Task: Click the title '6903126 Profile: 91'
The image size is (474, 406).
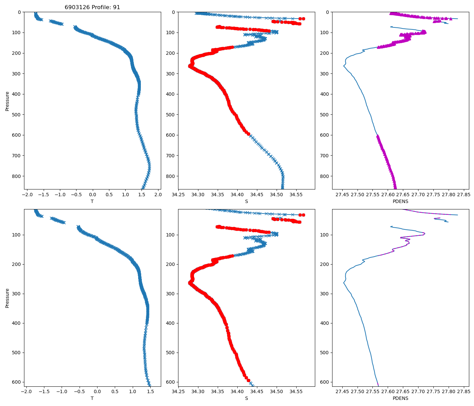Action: (92, 7)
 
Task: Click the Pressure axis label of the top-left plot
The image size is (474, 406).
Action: (7, 101)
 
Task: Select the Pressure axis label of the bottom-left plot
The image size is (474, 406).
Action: (7, 298)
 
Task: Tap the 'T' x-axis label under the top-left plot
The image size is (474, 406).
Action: (92, 201)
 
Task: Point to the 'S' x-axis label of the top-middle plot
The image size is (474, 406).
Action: (246, 201)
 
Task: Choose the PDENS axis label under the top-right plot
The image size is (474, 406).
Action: (401, 201)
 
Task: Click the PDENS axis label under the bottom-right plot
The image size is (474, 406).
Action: (401, 398)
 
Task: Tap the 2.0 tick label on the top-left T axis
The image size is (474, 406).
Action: (158, 195)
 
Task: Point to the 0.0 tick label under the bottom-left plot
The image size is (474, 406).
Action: (97, 392)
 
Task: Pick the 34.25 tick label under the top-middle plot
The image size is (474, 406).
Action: (178, 195)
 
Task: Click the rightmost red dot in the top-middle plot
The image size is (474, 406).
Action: (303, 19)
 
